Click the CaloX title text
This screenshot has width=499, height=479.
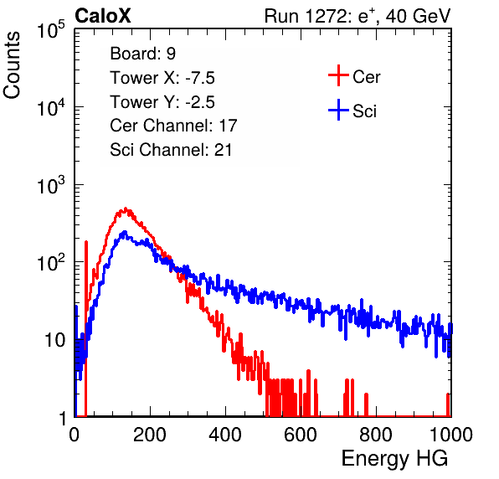pyautogui.click(x=102, y=16)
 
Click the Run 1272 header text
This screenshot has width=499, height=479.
pyautogui.click(x=358, y=16)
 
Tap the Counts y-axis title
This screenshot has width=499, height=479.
pyautogui.click(x=12, y=65)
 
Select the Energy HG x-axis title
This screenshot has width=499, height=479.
pyautogui.click(x=394, y=459)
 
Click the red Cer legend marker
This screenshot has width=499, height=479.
pyautogui.click(x=338, y=75)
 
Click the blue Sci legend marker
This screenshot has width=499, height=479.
pyautogui.click(x=338, y=110)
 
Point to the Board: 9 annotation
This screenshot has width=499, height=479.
pyautogui.click(x=142, y=54)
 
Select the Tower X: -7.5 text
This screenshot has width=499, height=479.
pyautogui.click(x=162, y=78)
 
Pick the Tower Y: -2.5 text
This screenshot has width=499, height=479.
pyautogui.click(x=162, y=102)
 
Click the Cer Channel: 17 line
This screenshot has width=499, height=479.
pyautogui.click(x=173, y=126)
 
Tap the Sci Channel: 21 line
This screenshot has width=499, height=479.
pyautogui.click(x=171, y=150)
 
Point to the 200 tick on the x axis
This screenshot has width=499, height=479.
pyautogui.click(x=150, y=435)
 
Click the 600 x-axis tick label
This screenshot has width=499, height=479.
pyautogui.click(x=301, y=435)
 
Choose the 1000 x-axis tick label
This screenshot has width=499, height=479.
pyautogui.click(x=451, y=435)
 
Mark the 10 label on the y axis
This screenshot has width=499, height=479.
pyautogui.click(x=55, y=340)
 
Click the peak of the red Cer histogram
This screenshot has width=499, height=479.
pyautogui.click(x=126, y=209)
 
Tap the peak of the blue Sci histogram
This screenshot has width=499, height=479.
pyautogui.click(x=125, y=232)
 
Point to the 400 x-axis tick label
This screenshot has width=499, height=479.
pyautogui.click(x=225, y=435)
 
